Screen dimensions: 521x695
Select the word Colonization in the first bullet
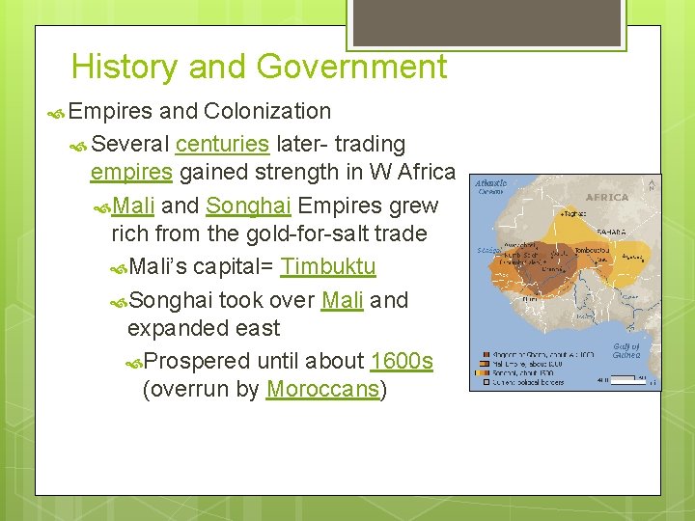click(x=267, y=112)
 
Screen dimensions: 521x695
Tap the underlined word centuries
click(x=222, y=144)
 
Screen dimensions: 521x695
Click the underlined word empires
click(x=131, y=173)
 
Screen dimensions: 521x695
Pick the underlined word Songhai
click(x=249, y=206)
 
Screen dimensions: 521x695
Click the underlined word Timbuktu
click(x=328, y=267)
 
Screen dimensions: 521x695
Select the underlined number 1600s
click(x=402, y=361)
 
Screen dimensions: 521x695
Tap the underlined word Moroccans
click(x=322, y=390)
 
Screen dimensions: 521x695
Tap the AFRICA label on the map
click(x=607, y=197)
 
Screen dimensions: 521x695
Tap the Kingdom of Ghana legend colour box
click(x=479, y=354)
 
